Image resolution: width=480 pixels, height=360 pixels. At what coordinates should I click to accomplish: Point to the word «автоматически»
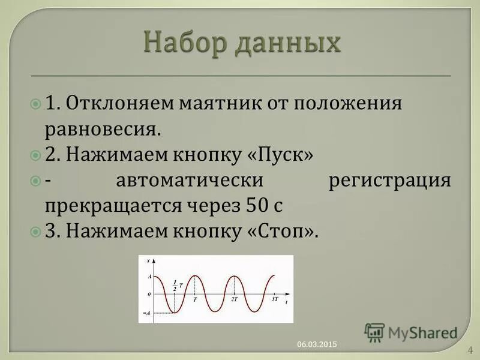[190, 180]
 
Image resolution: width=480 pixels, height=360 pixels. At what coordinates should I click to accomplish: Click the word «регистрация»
[390, 180]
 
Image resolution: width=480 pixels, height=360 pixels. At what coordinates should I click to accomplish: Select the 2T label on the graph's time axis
[234, 298]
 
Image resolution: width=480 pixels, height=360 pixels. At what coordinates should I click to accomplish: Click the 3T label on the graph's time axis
[274, 298]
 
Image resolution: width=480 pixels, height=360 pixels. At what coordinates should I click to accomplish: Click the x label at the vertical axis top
[156, 260]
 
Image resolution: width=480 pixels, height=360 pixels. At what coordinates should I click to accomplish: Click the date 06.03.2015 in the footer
[317, 344]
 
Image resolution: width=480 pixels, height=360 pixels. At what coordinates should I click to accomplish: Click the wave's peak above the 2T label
[235, 276]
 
